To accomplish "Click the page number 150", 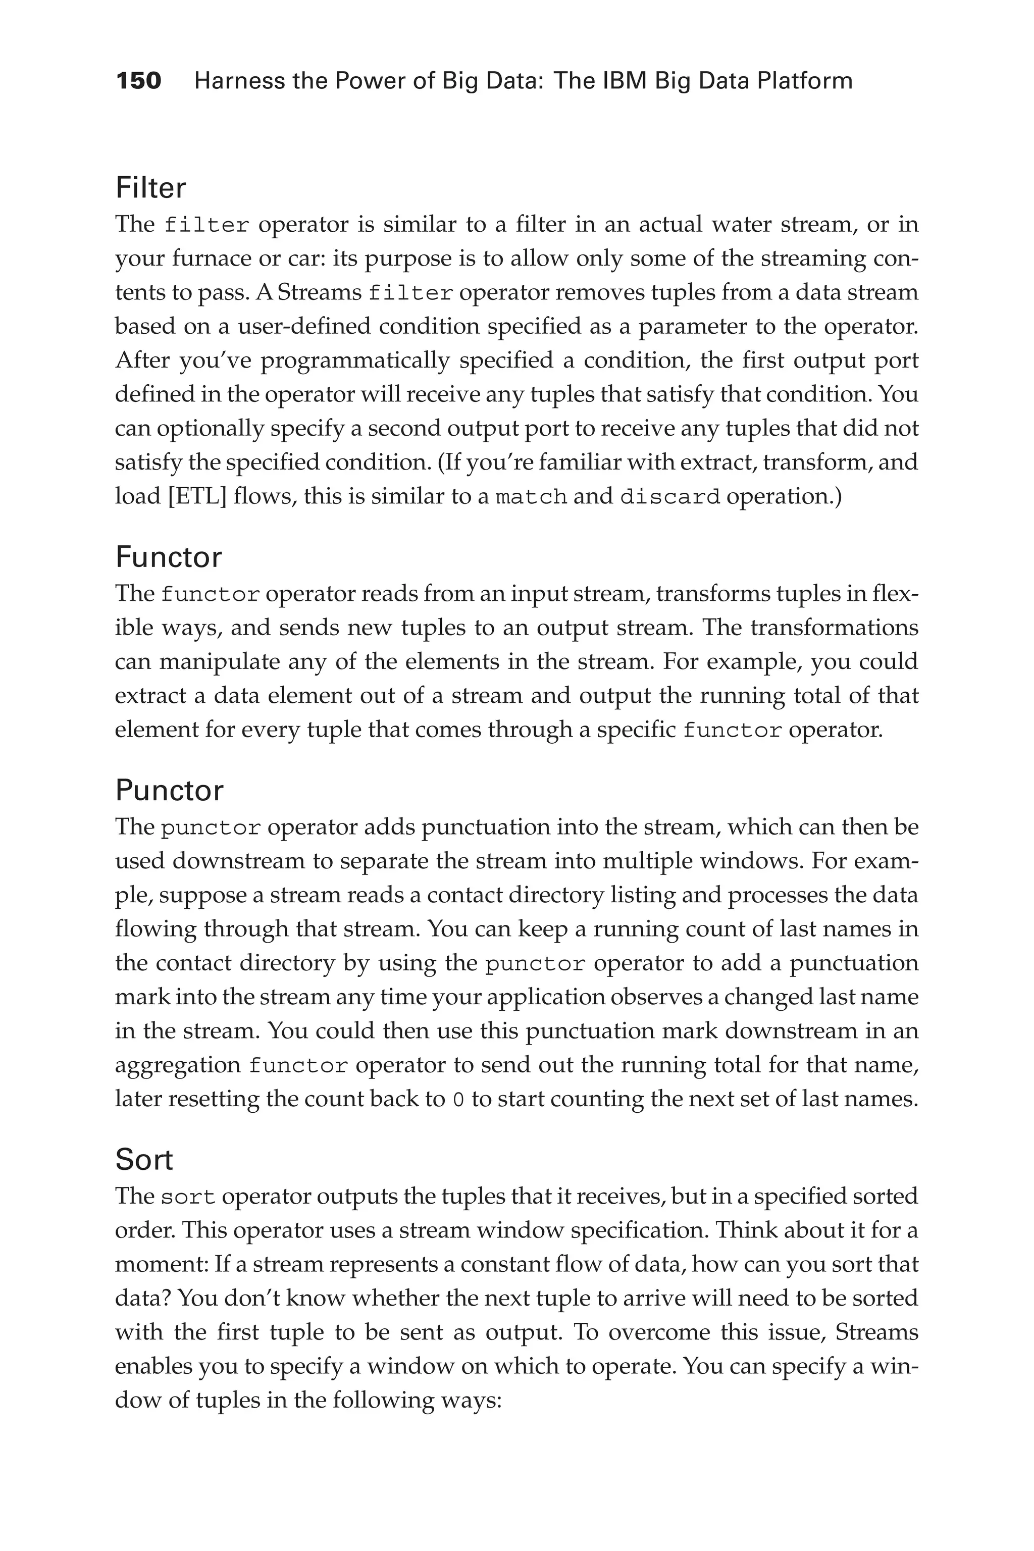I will pyautogui.click(x=138, y=81).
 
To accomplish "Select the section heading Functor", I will pyautogui.click(x=168, y=557).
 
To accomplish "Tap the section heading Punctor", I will pyautogui.click(x=170, y=791).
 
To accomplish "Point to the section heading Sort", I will pyautogui.click(x=144, y=1160).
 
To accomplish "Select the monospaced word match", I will pyautogui.click(x=531, y=497).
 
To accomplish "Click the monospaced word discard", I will pyautogui.click(x=669, y=497).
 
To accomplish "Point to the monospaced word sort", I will pyautogui.click(x=188, y=1197).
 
